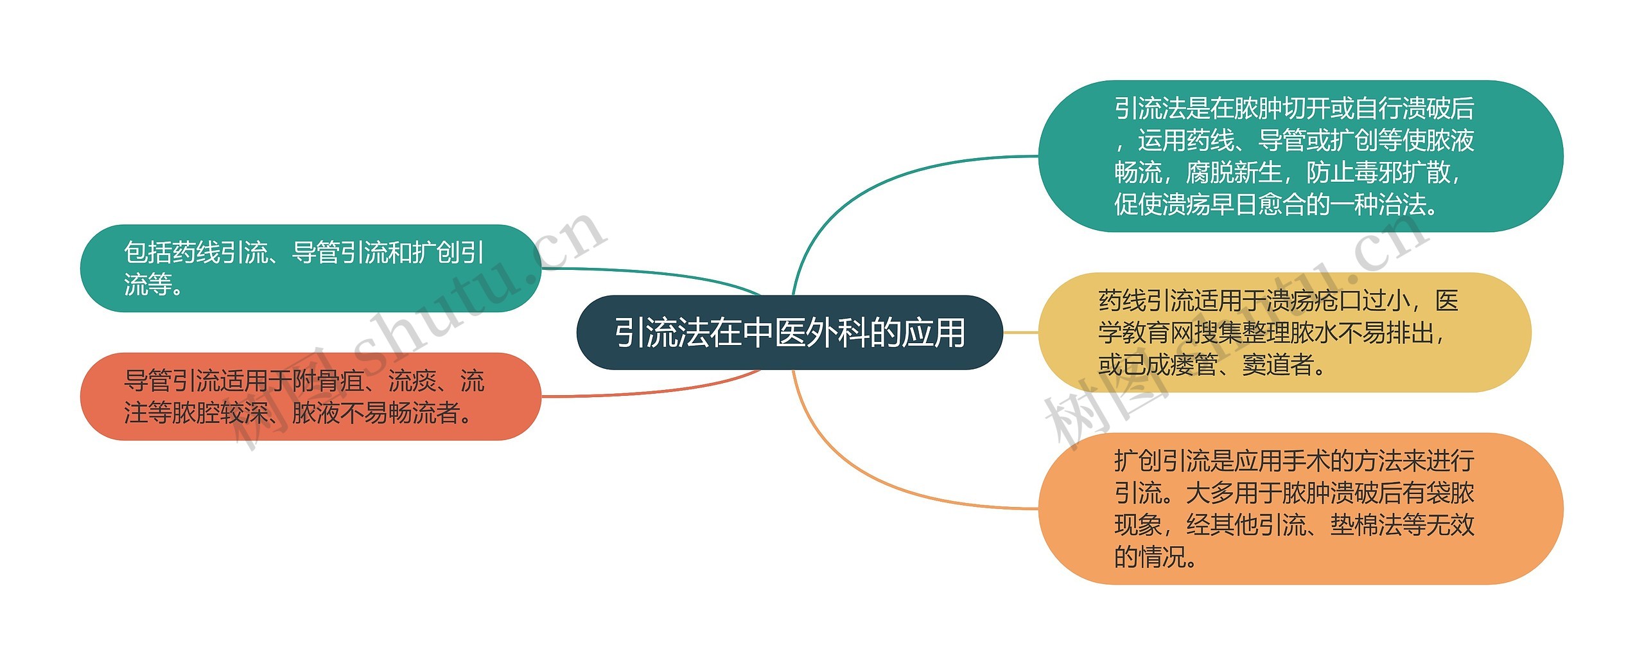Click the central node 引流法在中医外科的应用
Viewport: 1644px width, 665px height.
pyautogui.click(x=789, y=332)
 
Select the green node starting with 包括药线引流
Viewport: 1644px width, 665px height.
pyautogui.click(x=310, y=268)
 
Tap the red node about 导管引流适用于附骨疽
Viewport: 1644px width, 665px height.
pyautogui.click(x=310, y=396)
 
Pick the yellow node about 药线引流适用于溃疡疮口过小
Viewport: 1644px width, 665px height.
pyautogui.click(x=1284, y=332)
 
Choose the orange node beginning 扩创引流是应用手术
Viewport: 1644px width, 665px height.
pyautogui.click(x=1300, y=508)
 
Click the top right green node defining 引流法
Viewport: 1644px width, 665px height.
pyautogui.click(x=1300, y=156)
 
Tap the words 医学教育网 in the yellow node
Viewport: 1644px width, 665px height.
pyautogui.click(x=1146, y=333)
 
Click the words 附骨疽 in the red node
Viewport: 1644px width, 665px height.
pyautogui.click(x=328, y=381)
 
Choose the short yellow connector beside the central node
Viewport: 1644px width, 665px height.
pyautogui.click(x=1020, y=332)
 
